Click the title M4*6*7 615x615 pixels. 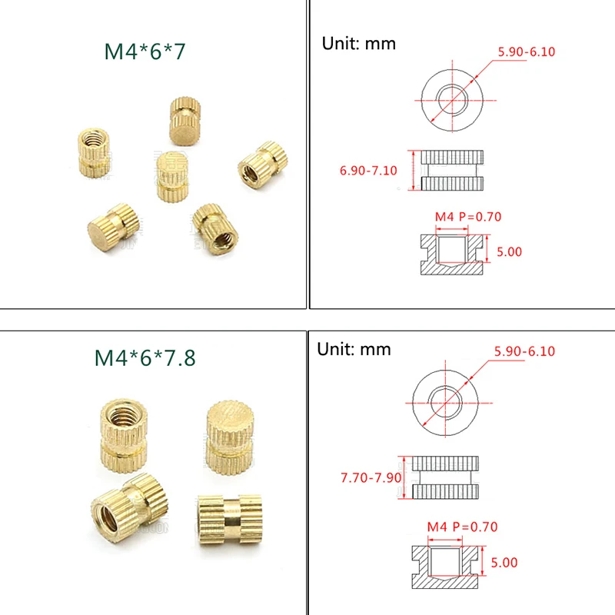tap(145, 52)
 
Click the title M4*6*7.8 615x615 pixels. tap(145, 358)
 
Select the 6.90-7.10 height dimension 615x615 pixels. tap(368, 171)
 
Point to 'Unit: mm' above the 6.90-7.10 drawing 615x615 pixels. tap(358, 43)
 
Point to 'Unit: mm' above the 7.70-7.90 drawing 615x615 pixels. tap(354, 349)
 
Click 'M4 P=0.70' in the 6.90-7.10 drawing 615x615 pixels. tap(468, 217)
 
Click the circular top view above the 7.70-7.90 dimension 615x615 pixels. tap(445, 404)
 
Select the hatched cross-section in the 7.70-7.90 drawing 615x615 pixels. tap(446, 563)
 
